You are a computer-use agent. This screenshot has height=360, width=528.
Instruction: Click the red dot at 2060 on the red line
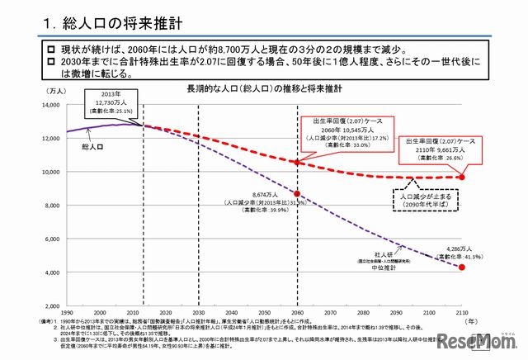(x=296, y=163)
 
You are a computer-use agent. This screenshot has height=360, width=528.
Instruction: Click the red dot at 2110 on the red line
(x=462, y=177)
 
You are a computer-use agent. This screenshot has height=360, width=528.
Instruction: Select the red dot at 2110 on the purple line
(x=462, y=267)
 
